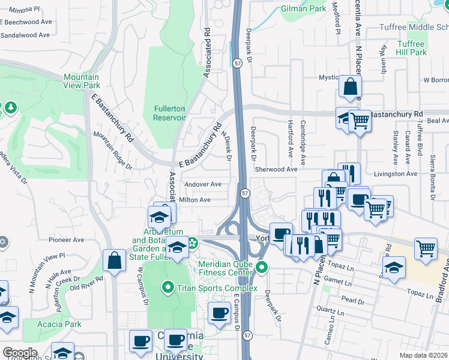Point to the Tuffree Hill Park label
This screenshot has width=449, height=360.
411,48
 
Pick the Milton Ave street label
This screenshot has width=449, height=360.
195,200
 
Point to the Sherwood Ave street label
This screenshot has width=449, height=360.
276,170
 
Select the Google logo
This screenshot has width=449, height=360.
20,353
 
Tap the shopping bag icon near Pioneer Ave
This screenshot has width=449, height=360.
114,260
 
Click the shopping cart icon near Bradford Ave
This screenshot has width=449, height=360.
426,247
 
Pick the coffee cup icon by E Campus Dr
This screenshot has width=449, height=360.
219,312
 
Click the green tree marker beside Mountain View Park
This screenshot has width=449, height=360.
11,107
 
